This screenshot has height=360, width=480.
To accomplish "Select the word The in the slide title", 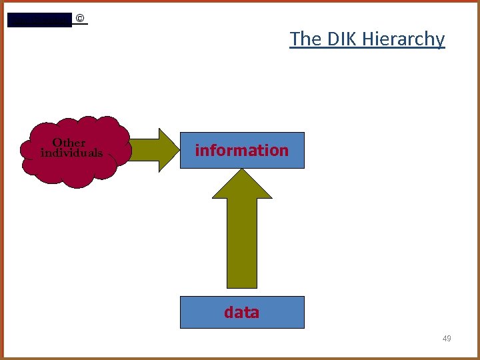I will click(305, 39).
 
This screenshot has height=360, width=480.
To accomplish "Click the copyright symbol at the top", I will click(80, 19).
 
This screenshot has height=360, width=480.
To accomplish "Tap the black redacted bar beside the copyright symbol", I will click(39, 20).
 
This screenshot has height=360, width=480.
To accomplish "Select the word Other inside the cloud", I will click(69, 142).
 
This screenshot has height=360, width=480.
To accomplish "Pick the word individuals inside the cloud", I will click(71, 153).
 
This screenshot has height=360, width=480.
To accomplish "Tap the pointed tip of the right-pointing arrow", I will click(178, 150).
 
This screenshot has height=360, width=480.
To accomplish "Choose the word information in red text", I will click(241, 150).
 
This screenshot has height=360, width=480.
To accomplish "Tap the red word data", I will click(241, 312).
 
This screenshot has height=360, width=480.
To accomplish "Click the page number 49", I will click(447, 339).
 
